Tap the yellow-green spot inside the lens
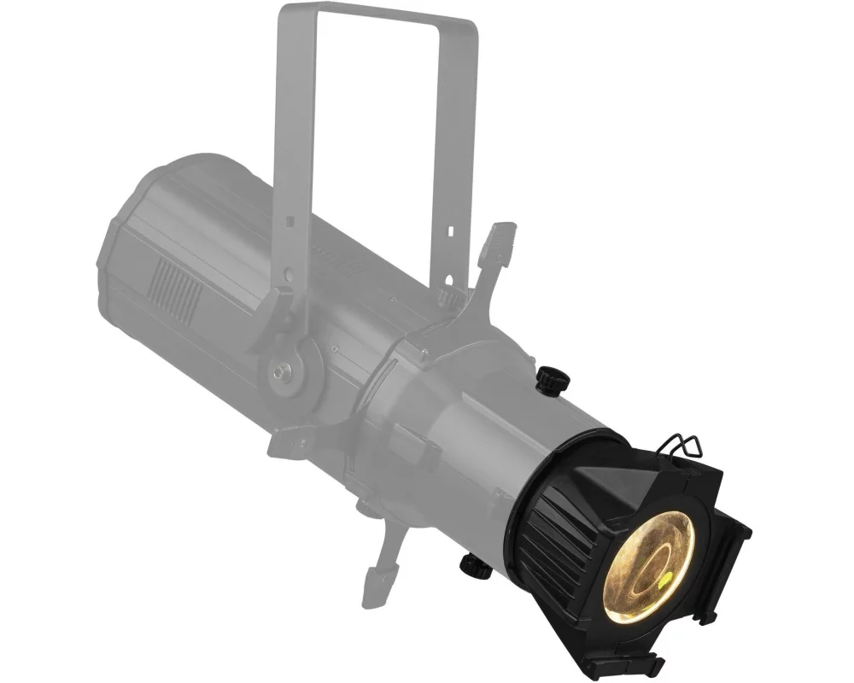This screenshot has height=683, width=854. [x=664, y=582]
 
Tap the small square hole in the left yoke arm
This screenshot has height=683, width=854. [x=290, y=221]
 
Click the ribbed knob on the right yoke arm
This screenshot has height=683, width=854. [x=445, y=295]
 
